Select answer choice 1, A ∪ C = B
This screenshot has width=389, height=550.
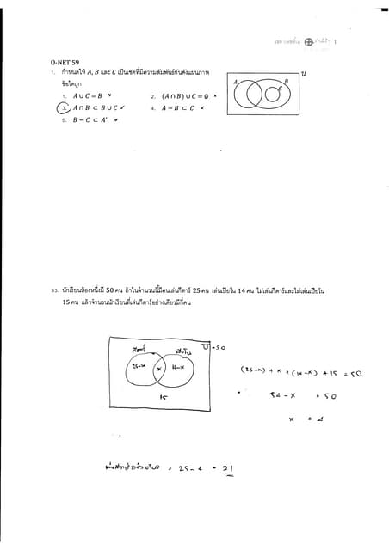click(88, 96)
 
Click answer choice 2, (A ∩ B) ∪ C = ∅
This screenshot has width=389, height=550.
click(185, 96)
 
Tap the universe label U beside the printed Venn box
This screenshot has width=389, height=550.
click(303, 74)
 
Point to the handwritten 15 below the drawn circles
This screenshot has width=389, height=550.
click(162, 398)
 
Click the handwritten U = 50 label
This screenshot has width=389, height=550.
click(212, 346)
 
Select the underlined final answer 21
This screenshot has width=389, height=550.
click(228, 468)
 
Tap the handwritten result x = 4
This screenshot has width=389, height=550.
click(304, 419)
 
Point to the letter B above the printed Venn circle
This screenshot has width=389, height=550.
click(286, 80)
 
